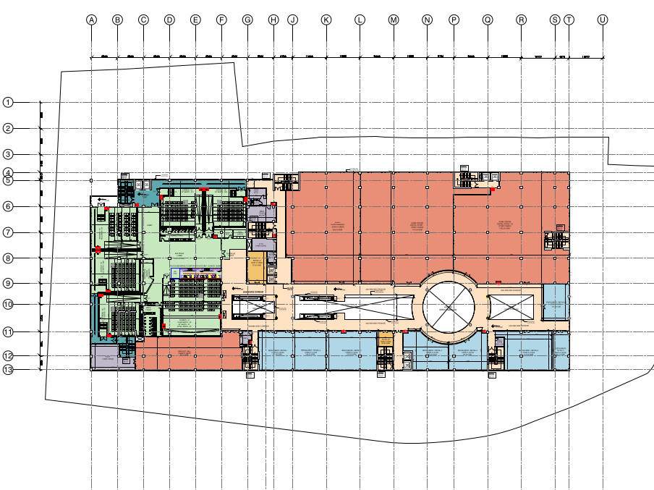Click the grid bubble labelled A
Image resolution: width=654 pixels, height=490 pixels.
92,20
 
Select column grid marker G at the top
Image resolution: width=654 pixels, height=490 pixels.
247,20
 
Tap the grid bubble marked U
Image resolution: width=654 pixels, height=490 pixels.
602,20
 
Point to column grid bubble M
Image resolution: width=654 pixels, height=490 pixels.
394,20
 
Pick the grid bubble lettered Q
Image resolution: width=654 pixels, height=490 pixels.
488,20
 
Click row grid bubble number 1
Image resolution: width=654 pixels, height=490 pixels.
8,102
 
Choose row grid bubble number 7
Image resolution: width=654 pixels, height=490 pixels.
8,232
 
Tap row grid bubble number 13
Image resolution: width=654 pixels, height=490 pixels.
8,370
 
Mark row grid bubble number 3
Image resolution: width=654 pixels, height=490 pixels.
8,154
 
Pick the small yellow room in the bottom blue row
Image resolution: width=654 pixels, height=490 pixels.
385,339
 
